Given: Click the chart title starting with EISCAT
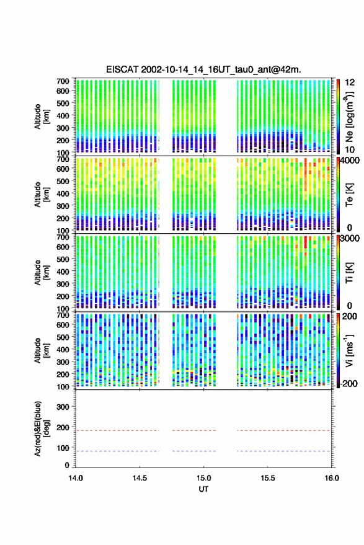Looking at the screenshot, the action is [204, 69].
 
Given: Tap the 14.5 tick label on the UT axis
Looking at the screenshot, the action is [140, 478].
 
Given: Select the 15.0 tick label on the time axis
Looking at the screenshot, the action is [203, 478].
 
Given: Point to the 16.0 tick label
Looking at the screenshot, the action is [332, 478].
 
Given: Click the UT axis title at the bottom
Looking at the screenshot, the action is [203, 489].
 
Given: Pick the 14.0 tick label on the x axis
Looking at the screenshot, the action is [76, 478].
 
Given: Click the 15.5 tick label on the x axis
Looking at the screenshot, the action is [267, 478].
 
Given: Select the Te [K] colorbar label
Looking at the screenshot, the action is [349, 195].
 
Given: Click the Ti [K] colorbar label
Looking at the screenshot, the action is [349, 273].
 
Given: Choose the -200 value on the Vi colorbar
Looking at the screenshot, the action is [349, 383].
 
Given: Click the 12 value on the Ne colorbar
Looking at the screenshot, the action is [350, 82].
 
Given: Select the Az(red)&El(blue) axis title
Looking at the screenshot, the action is [41, 428].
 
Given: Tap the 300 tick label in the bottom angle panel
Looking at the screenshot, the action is [63, 407].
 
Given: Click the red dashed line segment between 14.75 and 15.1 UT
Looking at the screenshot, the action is [194, 430].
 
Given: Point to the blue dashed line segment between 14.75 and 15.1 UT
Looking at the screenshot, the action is [194, 451].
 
